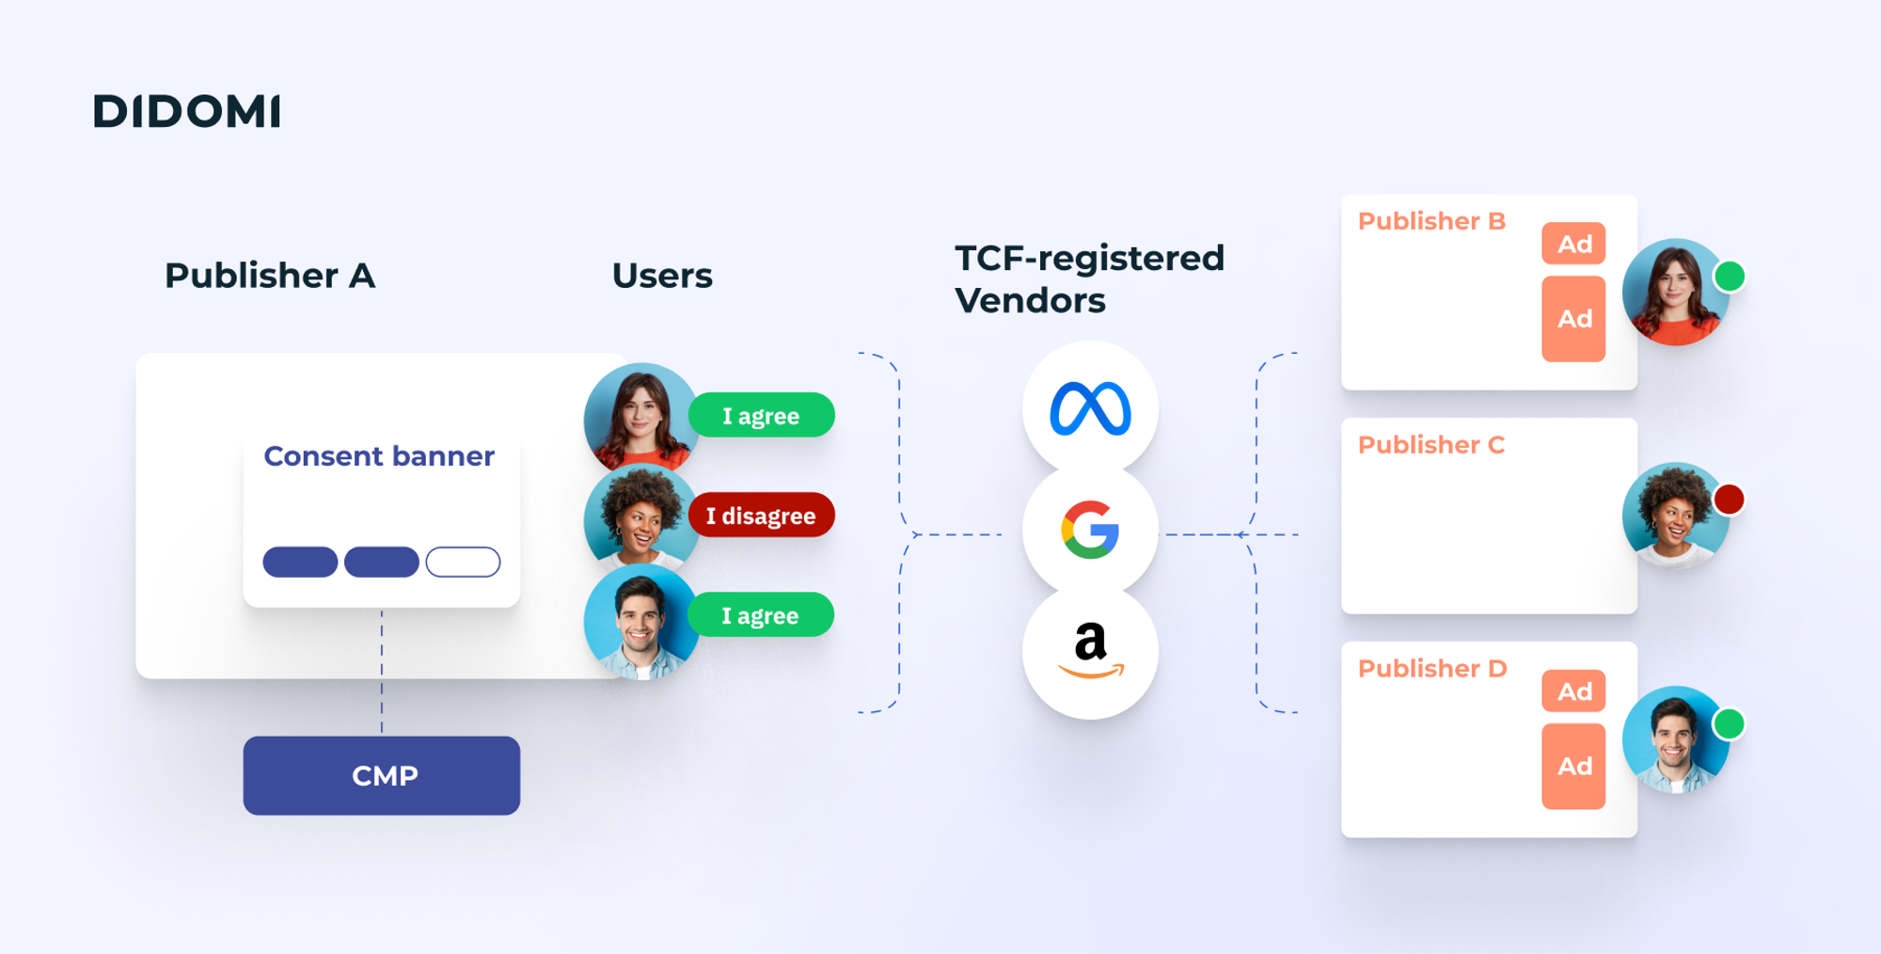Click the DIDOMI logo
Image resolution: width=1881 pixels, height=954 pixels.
186,111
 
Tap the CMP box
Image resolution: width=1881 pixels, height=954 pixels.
382,775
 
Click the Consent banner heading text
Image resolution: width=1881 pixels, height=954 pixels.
378,456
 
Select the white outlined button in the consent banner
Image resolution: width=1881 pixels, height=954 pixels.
463,562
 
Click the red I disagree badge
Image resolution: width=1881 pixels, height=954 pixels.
761,516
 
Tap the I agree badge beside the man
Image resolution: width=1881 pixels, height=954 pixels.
760,615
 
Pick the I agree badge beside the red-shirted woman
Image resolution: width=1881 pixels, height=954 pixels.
761,416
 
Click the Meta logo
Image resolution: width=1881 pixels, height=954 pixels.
1090,409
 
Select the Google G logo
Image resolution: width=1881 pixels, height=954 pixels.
1090,530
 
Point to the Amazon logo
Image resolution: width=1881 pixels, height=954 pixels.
1090,650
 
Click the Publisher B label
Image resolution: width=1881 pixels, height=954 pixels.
1431,221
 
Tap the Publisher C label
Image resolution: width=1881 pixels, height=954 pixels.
1431,445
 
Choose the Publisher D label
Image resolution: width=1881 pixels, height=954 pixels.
1431,669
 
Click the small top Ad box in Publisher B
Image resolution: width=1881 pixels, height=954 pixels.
1573,244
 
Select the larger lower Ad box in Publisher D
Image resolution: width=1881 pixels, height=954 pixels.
1573,766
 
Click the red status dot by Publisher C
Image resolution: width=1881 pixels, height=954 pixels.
1729,499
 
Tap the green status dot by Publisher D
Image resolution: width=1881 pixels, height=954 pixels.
1729,723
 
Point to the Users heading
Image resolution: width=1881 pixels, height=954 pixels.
662,276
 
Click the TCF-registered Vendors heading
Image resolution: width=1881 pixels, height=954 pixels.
1088,278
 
